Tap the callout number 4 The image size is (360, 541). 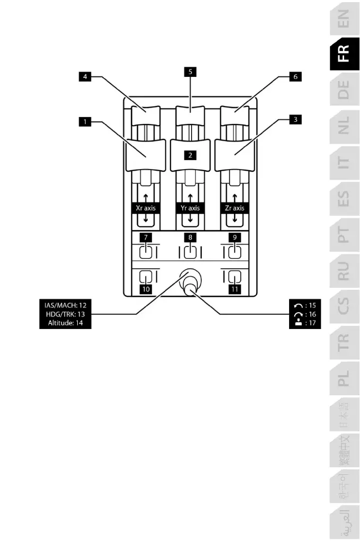click(x=83, y=77)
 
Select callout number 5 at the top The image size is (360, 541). click(x=188, y=70)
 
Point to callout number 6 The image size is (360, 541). click(x=295, y=77)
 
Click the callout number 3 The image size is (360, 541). click(x=296, y=120)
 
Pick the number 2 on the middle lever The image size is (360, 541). click(x=189, y=155)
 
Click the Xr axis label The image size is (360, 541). click(x=146, y=208)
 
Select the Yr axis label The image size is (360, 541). click(x=189, y=208)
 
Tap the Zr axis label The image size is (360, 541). click(x=235, y=208)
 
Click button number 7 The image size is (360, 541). click(x=145, y=236)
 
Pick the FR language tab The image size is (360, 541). click(x=344, y=53)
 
